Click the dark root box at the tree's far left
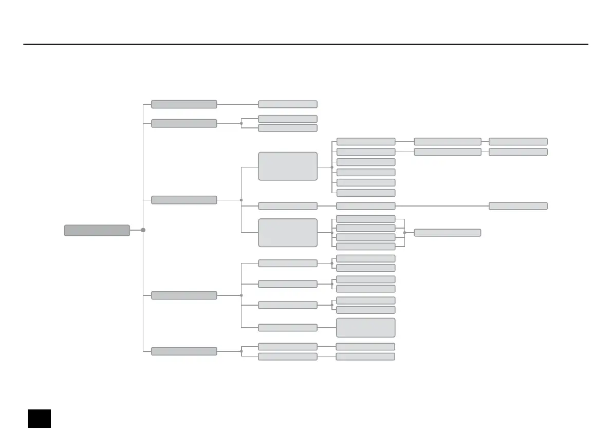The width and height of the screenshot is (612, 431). coord(97,230)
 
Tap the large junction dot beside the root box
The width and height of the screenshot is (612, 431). coord(143,230)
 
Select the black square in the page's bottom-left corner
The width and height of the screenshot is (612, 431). coord(40,418)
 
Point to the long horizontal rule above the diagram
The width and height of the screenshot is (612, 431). coord(306,44)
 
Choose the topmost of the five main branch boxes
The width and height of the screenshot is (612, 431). coord(184,104)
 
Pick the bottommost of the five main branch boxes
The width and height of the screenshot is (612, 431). coord(184,351)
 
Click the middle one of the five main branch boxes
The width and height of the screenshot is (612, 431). coord(184,200)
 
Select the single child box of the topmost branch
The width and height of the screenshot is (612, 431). coord(287,104)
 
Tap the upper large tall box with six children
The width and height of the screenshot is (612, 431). coord(287,166)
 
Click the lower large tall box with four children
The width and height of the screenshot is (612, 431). coord(287,233)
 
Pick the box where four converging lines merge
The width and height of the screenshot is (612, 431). coord(447,233)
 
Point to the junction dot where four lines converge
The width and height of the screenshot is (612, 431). coord(405,233)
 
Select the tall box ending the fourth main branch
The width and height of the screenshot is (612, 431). coord(365,327)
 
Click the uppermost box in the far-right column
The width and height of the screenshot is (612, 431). coord(518,141)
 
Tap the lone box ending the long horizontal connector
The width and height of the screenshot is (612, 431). coord(518,206)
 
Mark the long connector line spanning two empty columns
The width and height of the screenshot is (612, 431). coord(442,206)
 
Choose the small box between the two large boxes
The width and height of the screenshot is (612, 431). coord(287,206)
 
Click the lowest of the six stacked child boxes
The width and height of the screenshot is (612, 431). coord(365,193)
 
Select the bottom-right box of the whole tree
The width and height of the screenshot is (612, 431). coord(365,357)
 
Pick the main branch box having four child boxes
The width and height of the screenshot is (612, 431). coord(184,295)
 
